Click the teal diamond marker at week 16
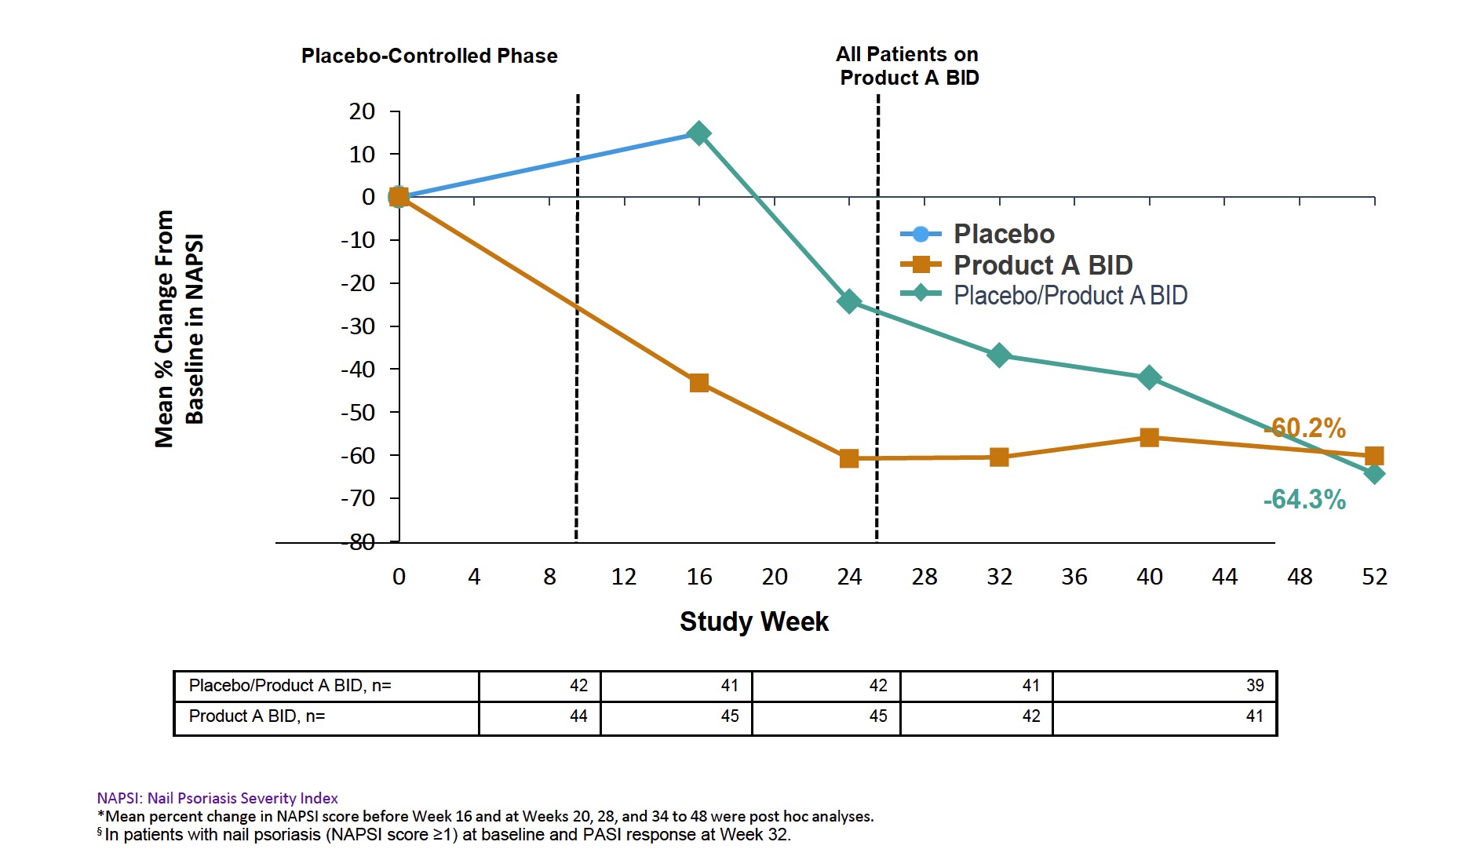point(698,133)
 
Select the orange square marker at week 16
point(698,383)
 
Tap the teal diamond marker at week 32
point(999,355)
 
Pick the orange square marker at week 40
point(1149,437)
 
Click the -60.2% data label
point(1306,428)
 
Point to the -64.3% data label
point(1304,499)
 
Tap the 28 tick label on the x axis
point(924,577)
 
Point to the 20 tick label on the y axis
point(362,111)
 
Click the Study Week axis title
point(753,621)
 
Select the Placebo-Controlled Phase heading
point(429,56)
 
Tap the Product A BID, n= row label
point(257,716)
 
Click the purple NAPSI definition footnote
point(217,798)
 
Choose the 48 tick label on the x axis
point(1300,577)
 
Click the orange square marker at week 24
point(849,458)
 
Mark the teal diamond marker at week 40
point(1149,377)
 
